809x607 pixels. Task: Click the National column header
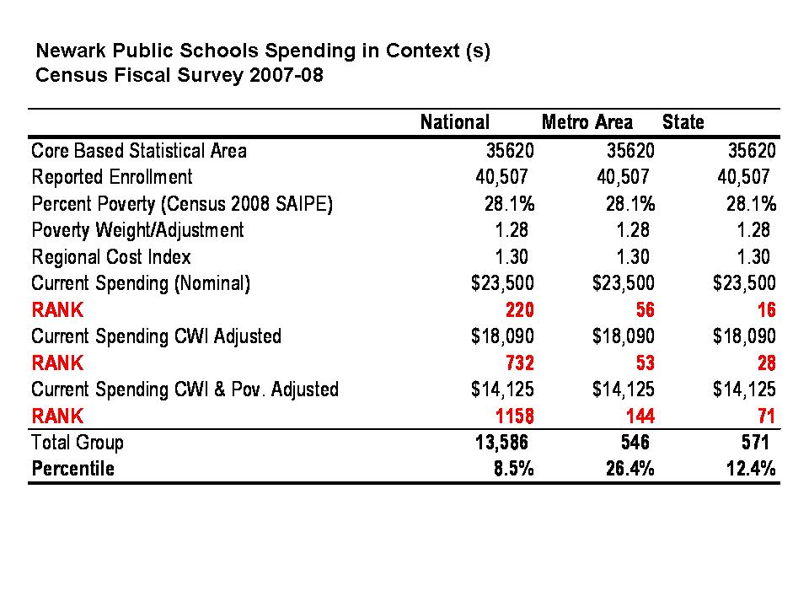point(454,123)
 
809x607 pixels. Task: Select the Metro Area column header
point(587,123)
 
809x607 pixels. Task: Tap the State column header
point(683,123)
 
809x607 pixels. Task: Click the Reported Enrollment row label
point(112,177)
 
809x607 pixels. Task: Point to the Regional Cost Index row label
point(111,256)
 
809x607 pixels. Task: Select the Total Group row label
point(78,443)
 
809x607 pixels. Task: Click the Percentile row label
point(72,469)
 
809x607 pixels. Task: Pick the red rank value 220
point(517,309)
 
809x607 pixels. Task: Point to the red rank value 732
point(517,363)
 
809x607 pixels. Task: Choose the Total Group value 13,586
point(501,443)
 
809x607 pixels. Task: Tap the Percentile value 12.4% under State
point(751,469)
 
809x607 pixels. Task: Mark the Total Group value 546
point(634,443)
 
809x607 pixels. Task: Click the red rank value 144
point(639,416)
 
